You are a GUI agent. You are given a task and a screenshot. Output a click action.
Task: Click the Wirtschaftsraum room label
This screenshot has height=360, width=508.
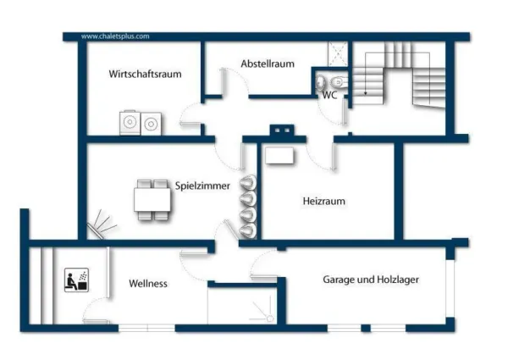(x=145, y=74)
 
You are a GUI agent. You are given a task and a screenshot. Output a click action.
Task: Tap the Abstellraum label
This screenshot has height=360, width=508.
(x=268, y=64)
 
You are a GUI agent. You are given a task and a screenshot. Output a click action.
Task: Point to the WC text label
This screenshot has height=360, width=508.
(x=329, y=95)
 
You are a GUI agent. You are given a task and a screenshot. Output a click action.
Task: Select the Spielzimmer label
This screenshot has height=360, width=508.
(x=202, y=186)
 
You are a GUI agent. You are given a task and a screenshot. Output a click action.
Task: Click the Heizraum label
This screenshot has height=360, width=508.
(x=323, y=201)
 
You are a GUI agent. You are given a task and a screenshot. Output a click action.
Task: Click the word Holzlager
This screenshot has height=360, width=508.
(x=397, y=280)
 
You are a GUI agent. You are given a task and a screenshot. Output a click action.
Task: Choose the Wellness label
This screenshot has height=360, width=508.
(x=148, y=284)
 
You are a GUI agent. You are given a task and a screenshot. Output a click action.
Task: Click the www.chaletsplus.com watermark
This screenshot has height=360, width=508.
(x=115, y=36)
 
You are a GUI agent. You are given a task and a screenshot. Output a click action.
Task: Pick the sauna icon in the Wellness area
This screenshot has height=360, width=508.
(x=77, y=280)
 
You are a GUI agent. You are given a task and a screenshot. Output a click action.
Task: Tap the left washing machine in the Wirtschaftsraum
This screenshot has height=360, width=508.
(x=130, y=123)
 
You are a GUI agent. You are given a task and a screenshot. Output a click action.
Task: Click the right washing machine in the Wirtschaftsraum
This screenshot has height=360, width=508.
(x=151, y=124)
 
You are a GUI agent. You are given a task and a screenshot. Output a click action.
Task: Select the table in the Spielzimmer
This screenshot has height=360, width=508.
(x=152, y=200)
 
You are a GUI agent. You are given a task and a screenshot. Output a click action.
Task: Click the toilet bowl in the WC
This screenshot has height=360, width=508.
(x=339, y=81)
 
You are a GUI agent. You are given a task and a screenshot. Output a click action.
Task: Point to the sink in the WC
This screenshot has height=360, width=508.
(x=320, y=82)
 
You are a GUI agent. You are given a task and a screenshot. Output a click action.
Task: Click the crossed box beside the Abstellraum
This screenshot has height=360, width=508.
(x=338, y=54)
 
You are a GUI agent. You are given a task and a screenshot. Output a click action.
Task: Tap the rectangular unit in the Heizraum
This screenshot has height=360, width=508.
(x=279, y=156)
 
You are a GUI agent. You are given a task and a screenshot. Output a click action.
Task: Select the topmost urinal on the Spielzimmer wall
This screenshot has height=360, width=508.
(x=248, y=182)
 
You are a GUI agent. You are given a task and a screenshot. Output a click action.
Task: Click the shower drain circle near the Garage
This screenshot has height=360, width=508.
(x=270, y=319)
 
